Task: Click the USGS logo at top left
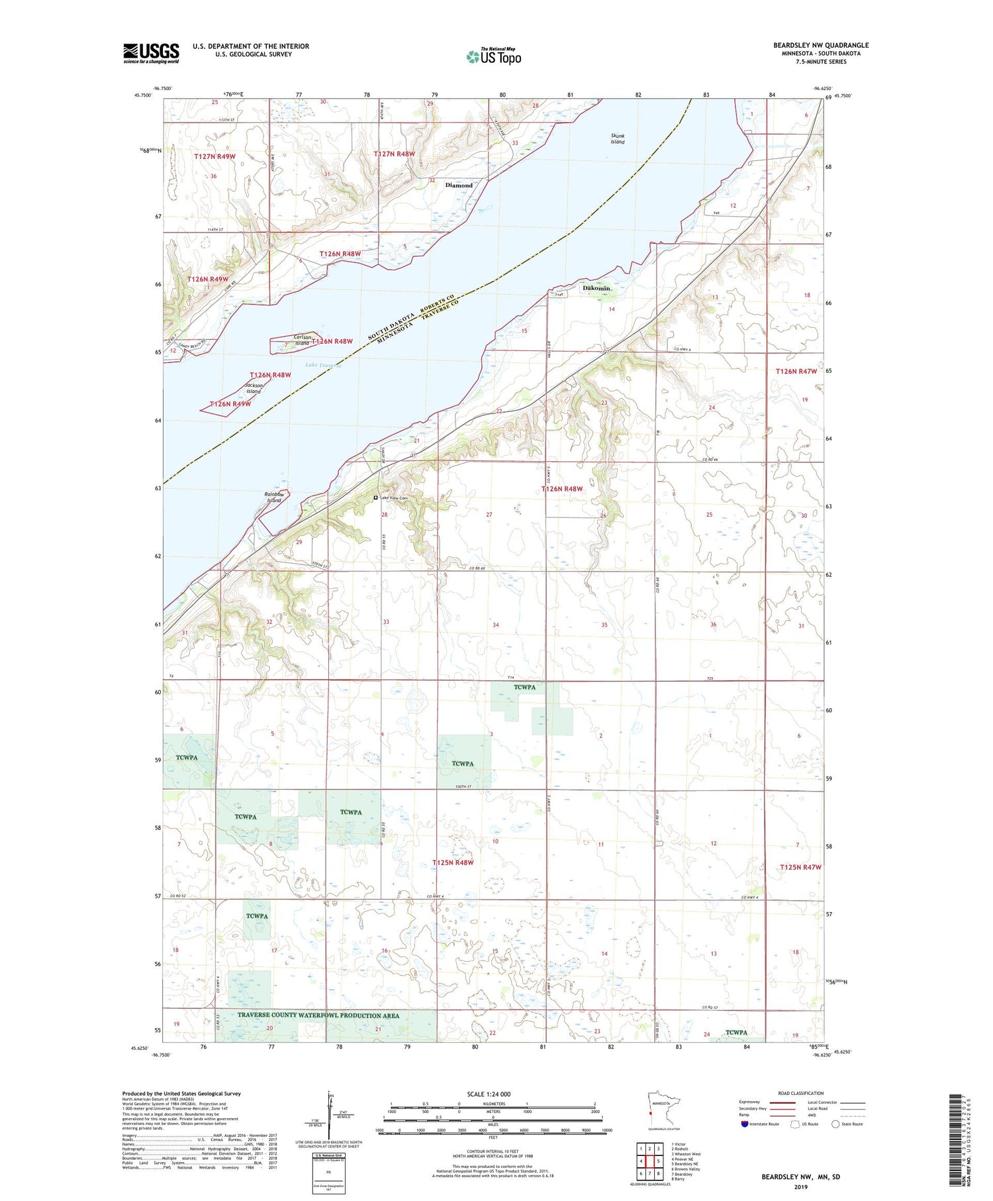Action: [151, 53]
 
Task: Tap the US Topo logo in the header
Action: [493, 57]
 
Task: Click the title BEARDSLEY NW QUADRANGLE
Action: [821, 45]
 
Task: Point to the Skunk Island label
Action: [617, 138]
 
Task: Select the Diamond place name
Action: [459, 185]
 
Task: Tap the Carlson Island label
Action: [302, 340]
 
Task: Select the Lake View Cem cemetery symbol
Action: [375, 497]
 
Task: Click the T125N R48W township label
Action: [453, 862]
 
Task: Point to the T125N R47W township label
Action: [800, 867]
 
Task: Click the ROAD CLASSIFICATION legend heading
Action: [800, 1093]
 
